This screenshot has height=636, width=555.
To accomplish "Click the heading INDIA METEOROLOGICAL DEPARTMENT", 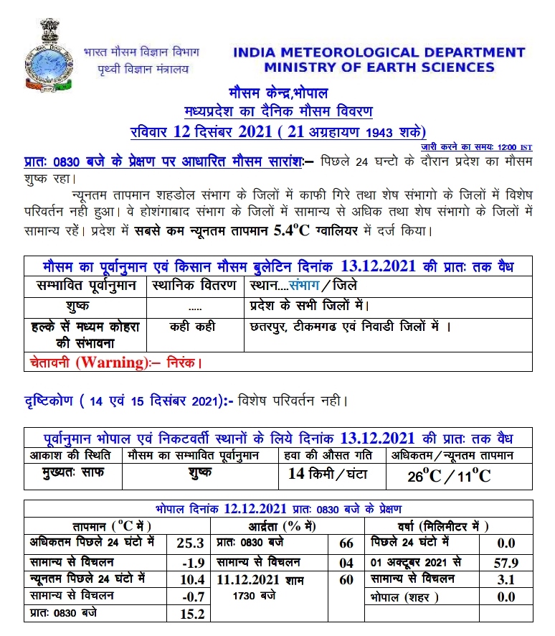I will [x=379, y=52].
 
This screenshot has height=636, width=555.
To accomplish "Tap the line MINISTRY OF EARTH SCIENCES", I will [x=379, y=67].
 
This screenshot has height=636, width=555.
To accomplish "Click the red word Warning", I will [x=109, y=362].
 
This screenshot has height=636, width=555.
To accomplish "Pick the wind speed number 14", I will [x=296, y=472].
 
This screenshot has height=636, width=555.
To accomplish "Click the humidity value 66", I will [x=346, y=543].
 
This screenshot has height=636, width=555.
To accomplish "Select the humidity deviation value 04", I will [x=346, y=561].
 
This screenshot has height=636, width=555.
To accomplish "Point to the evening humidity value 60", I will [x=346, y=579].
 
